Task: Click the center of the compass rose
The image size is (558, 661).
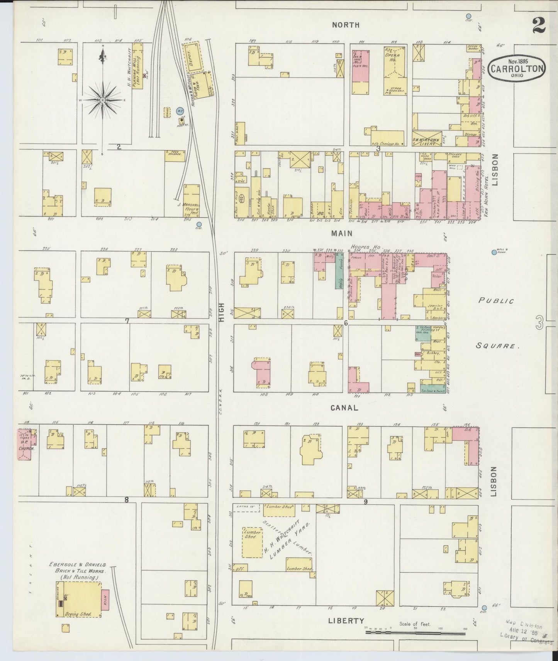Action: pyautogui.click(x=103, y=100)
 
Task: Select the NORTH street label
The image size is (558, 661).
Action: pyautogui.click(x=346, y=25)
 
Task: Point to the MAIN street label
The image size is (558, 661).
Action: pyautogui.click(x=341, y=233)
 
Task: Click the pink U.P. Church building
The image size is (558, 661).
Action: pyautogui.click(x=27, y=444)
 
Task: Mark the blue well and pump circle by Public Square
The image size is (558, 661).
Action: pyautogui.click(x=494, y=252)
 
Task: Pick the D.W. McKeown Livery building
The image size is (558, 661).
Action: pyautogui.click(x=426, y=142)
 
